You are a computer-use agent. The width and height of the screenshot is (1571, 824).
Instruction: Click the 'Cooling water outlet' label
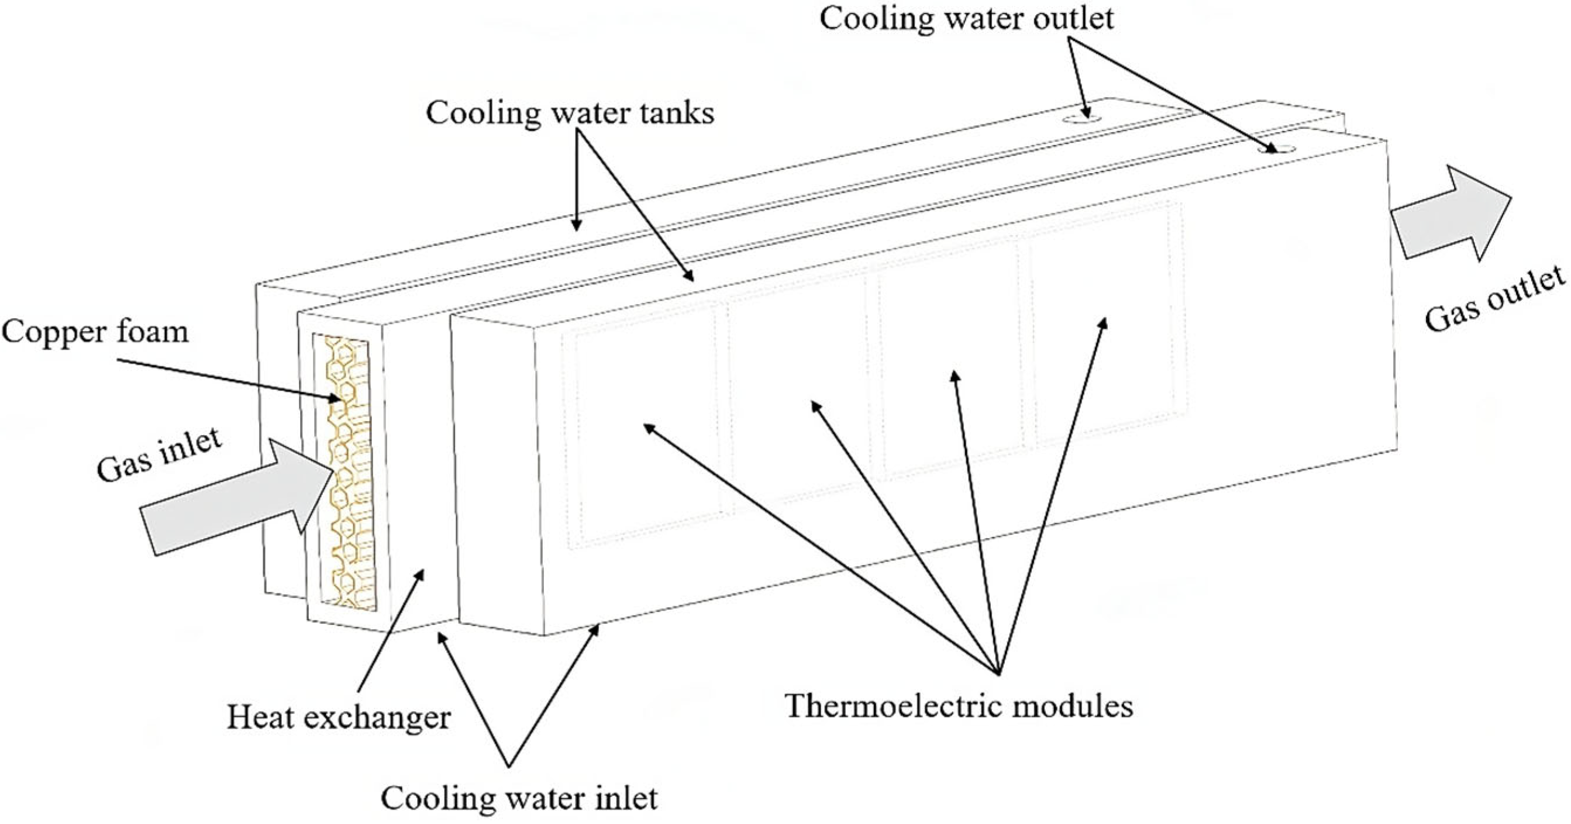pyautogui.click(x=966, y=18)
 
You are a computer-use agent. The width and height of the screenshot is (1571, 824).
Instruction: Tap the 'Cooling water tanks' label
pyautogui.click(x=570, y=113)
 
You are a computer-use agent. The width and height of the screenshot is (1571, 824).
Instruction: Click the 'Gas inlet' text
pyautogui.click(x=159, y=455)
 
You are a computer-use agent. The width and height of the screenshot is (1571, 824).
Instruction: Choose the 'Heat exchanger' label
pyautogui.click(x=339, y=717)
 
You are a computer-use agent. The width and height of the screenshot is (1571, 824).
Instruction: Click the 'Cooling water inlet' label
pyautogui.click(x=519, y=798)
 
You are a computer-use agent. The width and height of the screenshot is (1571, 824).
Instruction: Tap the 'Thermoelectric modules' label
pyautogui.click(x=959, y=706)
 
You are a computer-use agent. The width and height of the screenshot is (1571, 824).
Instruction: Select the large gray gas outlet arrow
pyautogui.click(x=1452, y=213)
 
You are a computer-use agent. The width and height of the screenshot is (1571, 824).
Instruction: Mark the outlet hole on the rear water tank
pyautogui.click(x=1083, y=118)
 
